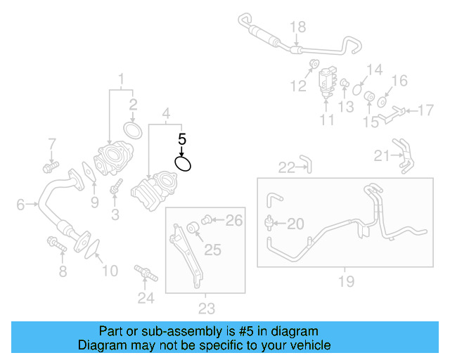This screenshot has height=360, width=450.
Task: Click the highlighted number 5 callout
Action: point(181,139)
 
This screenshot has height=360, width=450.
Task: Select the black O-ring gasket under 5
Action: point(183,164)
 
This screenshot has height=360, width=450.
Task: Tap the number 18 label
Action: point(298,27)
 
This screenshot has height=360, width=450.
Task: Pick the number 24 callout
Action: point(146,298)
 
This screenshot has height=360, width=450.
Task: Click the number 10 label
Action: point(110,271)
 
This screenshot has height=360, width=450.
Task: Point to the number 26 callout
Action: point(233,221)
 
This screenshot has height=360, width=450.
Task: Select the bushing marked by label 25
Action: point(192,228)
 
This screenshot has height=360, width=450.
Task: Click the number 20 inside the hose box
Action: point(295,224)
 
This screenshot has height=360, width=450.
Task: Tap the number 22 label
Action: point(286,167)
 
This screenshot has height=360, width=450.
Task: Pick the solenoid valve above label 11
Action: point(327,79)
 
